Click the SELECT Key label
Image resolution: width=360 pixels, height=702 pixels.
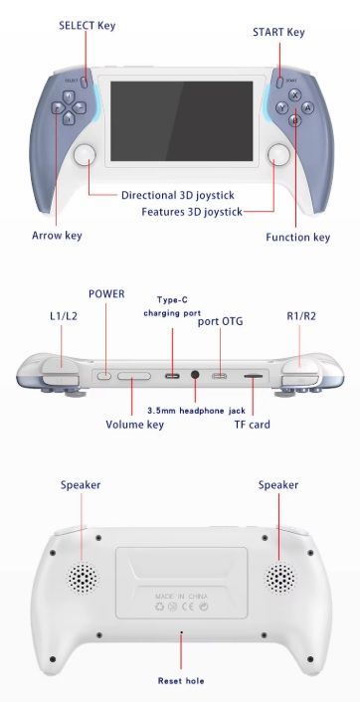[87, 26]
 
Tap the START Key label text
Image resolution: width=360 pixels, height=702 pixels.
[278, 32]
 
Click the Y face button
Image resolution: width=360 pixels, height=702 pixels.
[281, 107]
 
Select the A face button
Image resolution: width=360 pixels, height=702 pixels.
[307, 107]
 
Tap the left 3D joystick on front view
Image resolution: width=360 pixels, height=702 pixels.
[86, 154]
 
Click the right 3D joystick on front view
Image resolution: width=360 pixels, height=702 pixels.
[278, 154]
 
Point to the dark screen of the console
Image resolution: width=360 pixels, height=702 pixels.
[182, 121]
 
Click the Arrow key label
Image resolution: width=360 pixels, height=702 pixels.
[57, 235]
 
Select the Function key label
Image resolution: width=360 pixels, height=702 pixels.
[297, 237]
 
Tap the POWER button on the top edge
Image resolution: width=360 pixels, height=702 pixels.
[104, 375]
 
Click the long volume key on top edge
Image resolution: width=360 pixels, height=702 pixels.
[134, 375]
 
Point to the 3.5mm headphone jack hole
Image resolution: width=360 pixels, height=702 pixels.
[195, 375]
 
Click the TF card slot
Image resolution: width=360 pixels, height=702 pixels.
[253, 376]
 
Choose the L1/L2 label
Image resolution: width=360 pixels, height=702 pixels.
[63, 316]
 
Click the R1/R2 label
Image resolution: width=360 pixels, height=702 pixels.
[301, 316]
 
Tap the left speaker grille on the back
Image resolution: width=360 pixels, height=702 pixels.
[83, 578]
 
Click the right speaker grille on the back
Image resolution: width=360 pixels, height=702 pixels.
[280, 578]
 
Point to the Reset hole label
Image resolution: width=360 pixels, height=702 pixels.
[181, 681]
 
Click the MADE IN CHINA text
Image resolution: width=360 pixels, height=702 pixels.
[181, 596]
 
